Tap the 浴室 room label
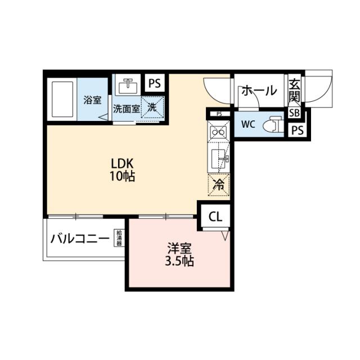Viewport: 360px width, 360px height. (92, 100)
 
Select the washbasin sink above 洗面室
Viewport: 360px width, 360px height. (128, 87)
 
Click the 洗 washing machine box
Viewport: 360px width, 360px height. (152, 107)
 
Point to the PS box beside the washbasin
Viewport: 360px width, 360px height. (155, 83)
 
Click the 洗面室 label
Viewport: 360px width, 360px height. (126, 109)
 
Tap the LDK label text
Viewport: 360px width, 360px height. (122, 164)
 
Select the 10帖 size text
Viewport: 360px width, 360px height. (122, 176)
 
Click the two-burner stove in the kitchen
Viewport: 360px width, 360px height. (218, 132)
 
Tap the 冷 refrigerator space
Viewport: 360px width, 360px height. (219, 185)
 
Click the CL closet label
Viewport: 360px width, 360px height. (215, 217)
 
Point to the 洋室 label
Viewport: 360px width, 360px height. (179, 249)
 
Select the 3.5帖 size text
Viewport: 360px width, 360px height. (179, 261)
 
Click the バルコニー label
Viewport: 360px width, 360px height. (80, 239)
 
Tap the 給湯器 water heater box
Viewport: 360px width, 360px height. (119, 238)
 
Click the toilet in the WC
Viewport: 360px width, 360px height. (273, 124)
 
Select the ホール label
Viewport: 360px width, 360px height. (259, 90)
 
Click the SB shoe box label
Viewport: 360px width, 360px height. (294, 113)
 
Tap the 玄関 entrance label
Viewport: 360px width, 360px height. (294, 90)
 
